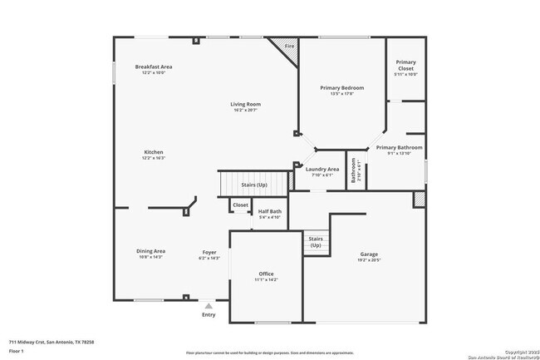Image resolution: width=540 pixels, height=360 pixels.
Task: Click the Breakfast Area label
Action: coord(154,67)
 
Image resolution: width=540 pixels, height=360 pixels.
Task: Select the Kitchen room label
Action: coord(154,152)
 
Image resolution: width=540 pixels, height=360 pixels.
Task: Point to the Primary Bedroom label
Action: coord(342,87)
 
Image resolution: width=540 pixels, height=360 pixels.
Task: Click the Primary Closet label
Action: coord(405,62)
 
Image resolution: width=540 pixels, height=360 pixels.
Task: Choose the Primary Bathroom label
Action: coord(399,147)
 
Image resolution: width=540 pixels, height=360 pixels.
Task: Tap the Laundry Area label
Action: coord(322,169)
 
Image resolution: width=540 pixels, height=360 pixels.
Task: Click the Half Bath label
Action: coord(269,211)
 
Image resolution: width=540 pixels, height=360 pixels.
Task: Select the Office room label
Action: coord(266,274)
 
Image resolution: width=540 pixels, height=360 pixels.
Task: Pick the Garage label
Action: coord(369,254)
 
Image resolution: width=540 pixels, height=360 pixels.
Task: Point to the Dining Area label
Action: coord(151,250)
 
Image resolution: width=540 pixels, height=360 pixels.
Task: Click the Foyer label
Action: coord(209,252)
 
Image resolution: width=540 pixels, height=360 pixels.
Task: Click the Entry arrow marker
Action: coord(209,306)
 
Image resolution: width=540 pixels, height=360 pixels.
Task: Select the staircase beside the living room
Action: coord(253,184)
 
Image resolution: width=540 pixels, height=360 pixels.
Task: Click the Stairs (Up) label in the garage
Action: coord(316,242)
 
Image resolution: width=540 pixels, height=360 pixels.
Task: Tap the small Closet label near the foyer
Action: coord(240,205)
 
